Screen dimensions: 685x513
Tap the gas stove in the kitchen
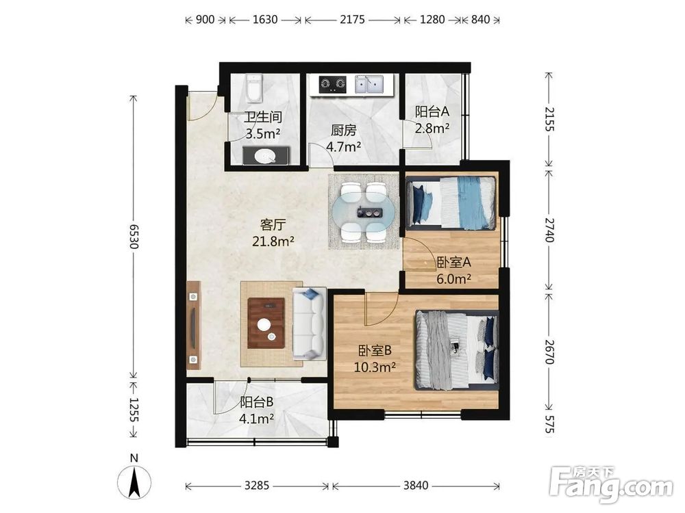pyautogui.click(x=332, y=85)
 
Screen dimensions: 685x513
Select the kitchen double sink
pyautogui.click(x=369, y=84)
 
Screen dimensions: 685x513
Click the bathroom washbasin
pyautogui.click(x=265, y=156)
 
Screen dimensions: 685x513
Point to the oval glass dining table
pyautogui.click(x=364, y=213)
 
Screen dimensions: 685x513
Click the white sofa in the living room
pyautogui.click(x=310, y=324)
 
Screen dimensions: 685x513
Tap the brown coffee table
pyautogui.click(x=266, y=323)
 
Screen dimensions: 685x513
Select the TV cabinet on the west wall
pyautogui.click(x=194, y=326)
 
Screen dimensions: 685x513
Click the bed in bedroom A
pyautogui.click(x=451, y=202)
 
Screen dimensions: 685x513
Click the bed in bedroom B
pyautogui.click(x=457, y=350)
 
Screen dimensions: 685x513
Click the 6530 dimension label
pyautogui.click(x=134, y=237)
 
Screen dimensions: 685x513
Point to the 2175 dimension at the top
pyautogui.click(x=353, y=20)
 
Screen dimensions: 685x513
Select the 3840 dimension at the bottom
pyautogui.click(x=416, y=485)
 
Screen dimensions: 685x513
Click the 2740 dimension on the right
pyautogui.click(x=549, y=230)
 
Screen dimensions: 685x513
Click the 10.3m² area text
pyautogui.click(x=375, y=367)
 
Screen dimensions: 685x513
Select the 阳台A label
pyautogui.click(x=432, y=111)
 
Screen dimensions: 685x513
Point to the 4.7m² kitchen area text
pyautogui.click(x=344, y=146)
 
